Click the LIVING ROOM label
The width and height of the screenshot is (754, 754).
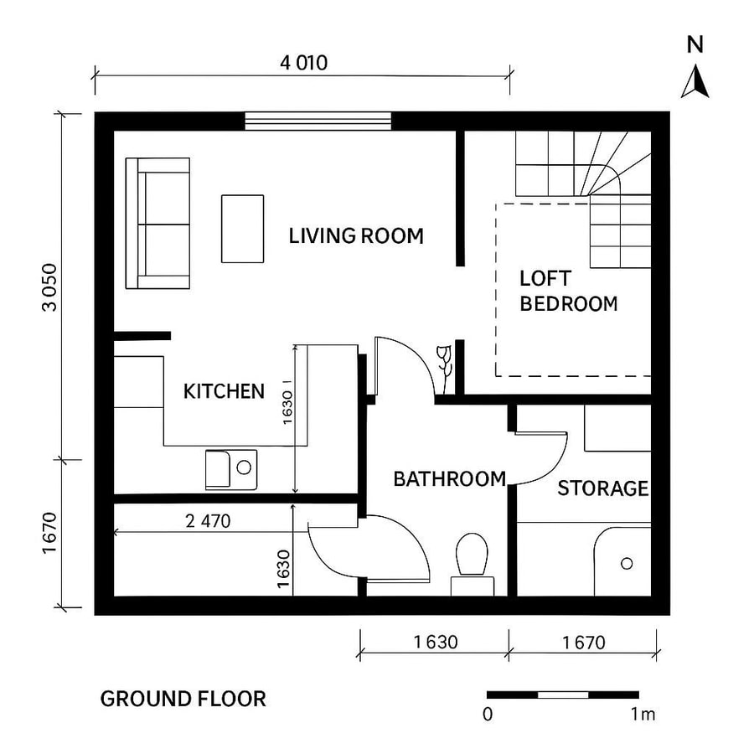(356, 235)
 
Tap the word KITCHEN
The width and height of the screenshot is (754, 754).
(224, 391)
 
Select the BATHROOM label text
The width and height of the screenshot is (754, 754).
(449, 479)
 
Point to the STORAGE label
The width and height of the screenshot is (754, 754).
(603, 488)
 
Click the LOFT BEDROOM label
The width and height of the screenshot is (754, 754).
(568, 291)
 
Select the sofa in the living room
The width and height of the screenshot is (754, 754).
(158, 223)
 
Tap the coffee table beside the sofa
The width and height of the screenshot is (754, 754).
(242, 228)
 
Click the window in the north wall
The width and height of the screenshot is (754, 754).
(318, 121)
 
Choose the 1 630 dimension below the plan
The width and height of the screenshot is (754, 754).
(435, 643)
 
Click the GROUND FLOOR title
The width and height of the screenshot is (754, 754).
(183, 698)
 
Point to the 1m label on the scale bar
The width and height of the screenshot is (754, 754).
(643, 715)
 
